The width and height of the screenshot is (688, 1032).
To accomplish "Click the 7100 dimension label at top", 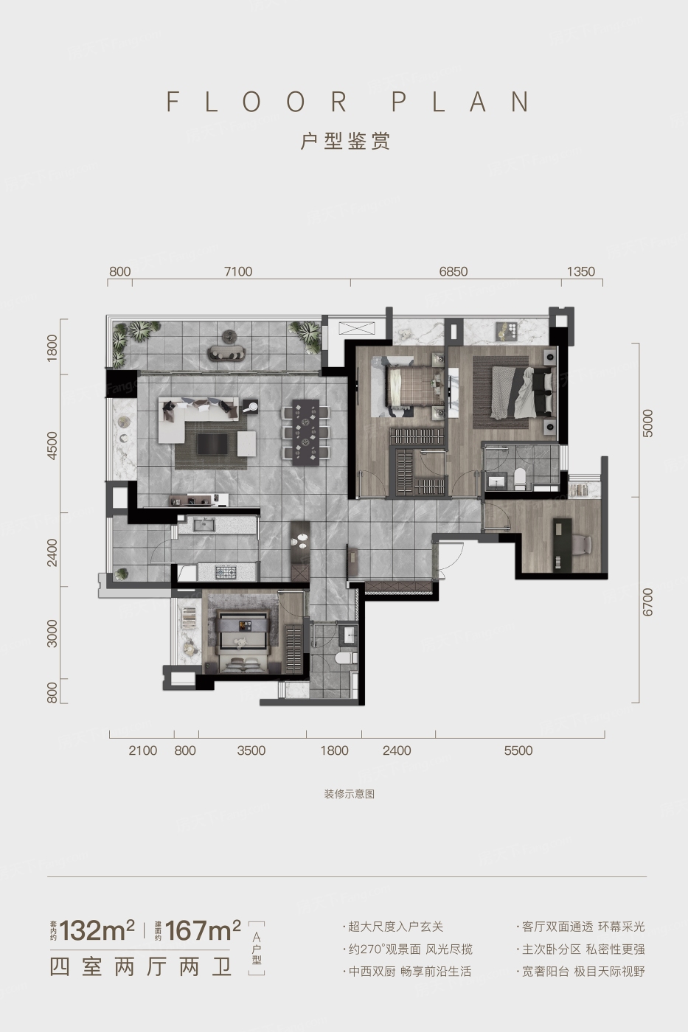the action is (x=238, y=272).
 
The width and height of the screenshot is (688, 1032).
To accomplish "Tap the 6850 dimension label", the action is (x=453, y=272).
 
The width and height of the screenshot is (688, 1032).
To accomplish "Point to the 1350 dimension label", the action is (x=580, y=272).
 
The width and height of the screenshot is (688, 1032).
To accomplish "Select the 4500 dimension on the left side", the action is (x=52, y=445).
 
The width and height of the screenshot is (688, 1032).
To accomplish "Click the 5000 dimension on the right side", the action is (x=647, y=423).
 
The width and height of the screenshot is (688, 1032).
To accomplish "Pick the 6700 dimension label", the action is (x=647, y=602).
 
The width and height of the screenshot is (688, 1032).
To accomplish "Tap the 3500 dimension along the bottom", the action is (x=251, y=750).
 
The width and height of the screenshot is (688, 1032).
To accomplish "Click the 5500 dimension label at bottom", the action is (x=518, y=750).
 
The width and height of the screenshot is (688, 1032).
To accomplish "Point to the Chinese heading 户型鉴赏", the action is (x=345, y=141).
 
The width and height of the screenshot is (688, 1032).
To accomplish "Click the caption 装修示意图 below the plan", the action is (x=350, y=795).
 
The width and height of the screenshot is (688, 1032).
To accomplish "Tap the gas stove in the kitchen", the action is (x=226, y=573).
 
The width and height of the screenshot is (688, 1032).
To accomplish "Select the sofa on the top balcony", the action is (x=227, y=353).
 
